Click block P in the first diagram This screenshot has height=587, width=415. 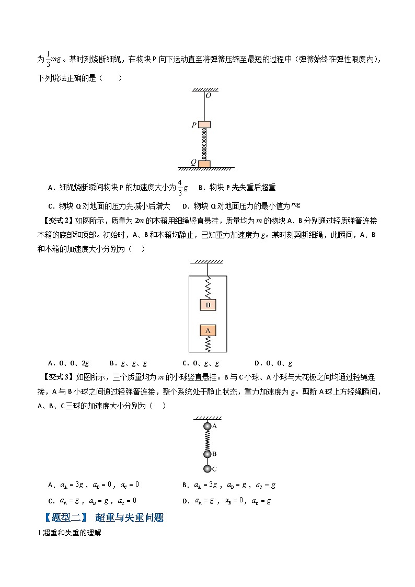click(204, 124)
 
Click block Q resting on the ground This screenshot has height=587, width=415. click(204, 164)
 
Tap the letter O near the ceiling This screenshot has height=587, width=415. click(208, 96)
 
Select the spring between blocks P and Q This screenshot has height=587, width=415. click(204, 144)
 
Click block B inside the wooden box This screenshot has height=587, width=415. click(208, 305)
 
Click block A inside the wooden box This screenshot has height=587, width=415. click(208, 330)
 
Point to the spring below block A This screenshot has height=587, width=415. click(208, 343)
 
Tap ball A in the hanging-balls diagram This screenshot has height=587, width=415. click(208, 427)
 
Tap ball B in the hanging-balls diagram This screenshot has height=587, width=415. click(208, 454)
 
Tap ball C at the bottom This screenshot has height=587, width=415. click(208, 468)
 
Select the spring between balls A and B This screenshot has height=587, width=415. click(208, 440)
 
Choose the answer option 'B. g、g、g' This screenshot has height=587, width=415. click(128, 363)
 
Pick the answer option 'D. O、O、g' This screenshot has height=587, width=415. click(273, 363)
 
